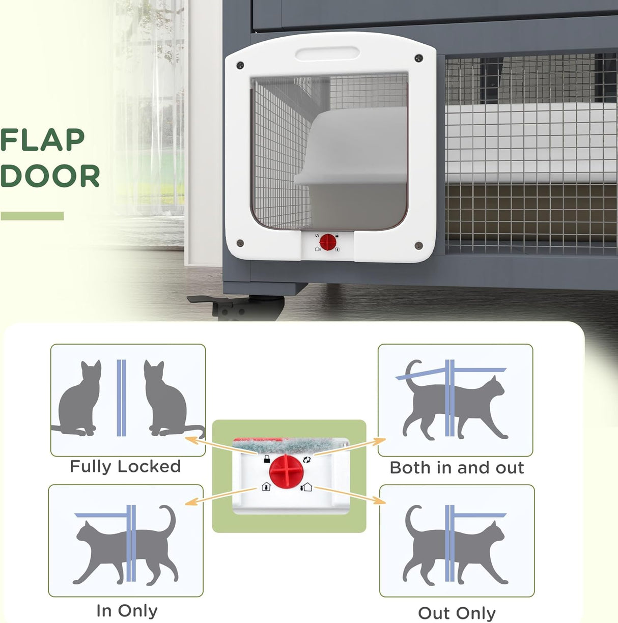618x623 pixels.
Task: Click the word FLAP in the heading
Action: [43, 140]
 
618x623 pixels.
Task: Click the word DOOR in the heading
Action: [50, 176]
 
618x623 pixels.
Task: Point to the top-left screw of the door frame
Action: [240, 65]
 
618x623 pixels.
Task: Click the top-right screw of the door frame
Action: [418, 59]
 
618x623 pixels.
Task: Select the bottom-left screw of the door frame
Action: [240, 243]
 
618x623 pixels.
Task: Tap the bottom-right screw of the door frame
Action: [418, 246]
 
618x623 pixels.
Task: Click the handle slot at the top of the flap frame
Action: [327, 53]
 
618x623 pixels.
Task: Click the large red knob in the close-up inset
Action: [286, 471]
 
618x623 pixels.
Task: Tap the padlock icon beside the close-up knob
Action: [266, 459]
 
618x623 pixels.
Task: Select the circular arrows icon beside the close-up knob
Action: [306, 459]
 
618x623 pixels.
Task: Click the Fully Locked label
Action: [125, 467]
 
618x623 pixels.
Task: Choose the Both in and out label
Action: [457, 468]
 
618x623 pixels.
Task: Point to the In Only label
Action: [127, 610]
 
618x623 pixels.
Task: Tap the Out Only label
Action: [457, 613]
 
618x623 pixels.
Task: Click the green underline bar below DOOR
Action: [32, 216]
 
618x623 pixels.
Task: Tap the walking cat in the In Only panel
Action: [125, 547]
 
